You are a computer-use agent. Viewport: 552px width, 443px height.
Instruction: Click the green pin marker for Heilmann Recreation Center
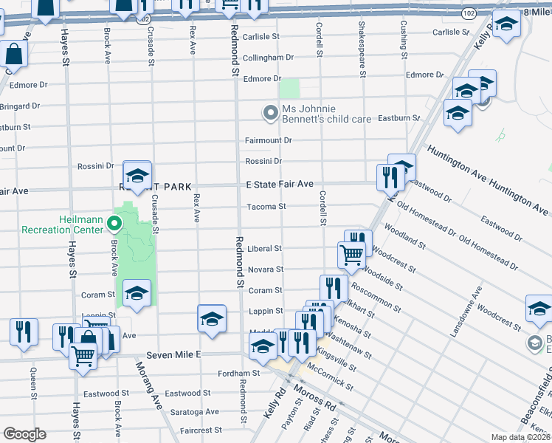tap(114, 222)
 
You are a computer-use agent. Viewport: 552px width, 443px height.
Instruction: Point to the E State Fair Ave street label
tap(280, 184)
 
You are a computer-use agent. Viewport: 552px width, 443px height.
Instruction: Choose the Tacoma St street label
tap(265, 207)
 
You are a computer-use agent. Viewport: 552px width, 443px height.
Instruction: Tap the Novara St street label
tap(265, 269)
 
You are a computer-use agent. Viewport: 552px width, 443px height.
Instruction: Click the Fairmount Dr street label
tap(269, 140)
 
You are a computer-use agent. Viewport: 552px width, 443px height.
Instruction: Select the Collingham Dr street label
tap(269, 57)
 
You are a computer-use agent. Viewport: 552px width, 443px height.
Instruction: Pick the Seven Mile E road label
tap(174, 355)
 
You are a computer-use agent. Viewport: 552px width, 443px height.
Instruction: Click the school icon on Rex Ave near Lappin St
tap(212, 318)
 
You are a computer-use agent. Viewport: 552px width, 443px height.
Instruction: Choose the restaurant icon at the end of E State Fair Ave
tap(389, 177)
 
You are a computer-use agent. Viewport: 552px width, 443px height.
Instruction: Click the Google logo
tap(24, 434)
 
